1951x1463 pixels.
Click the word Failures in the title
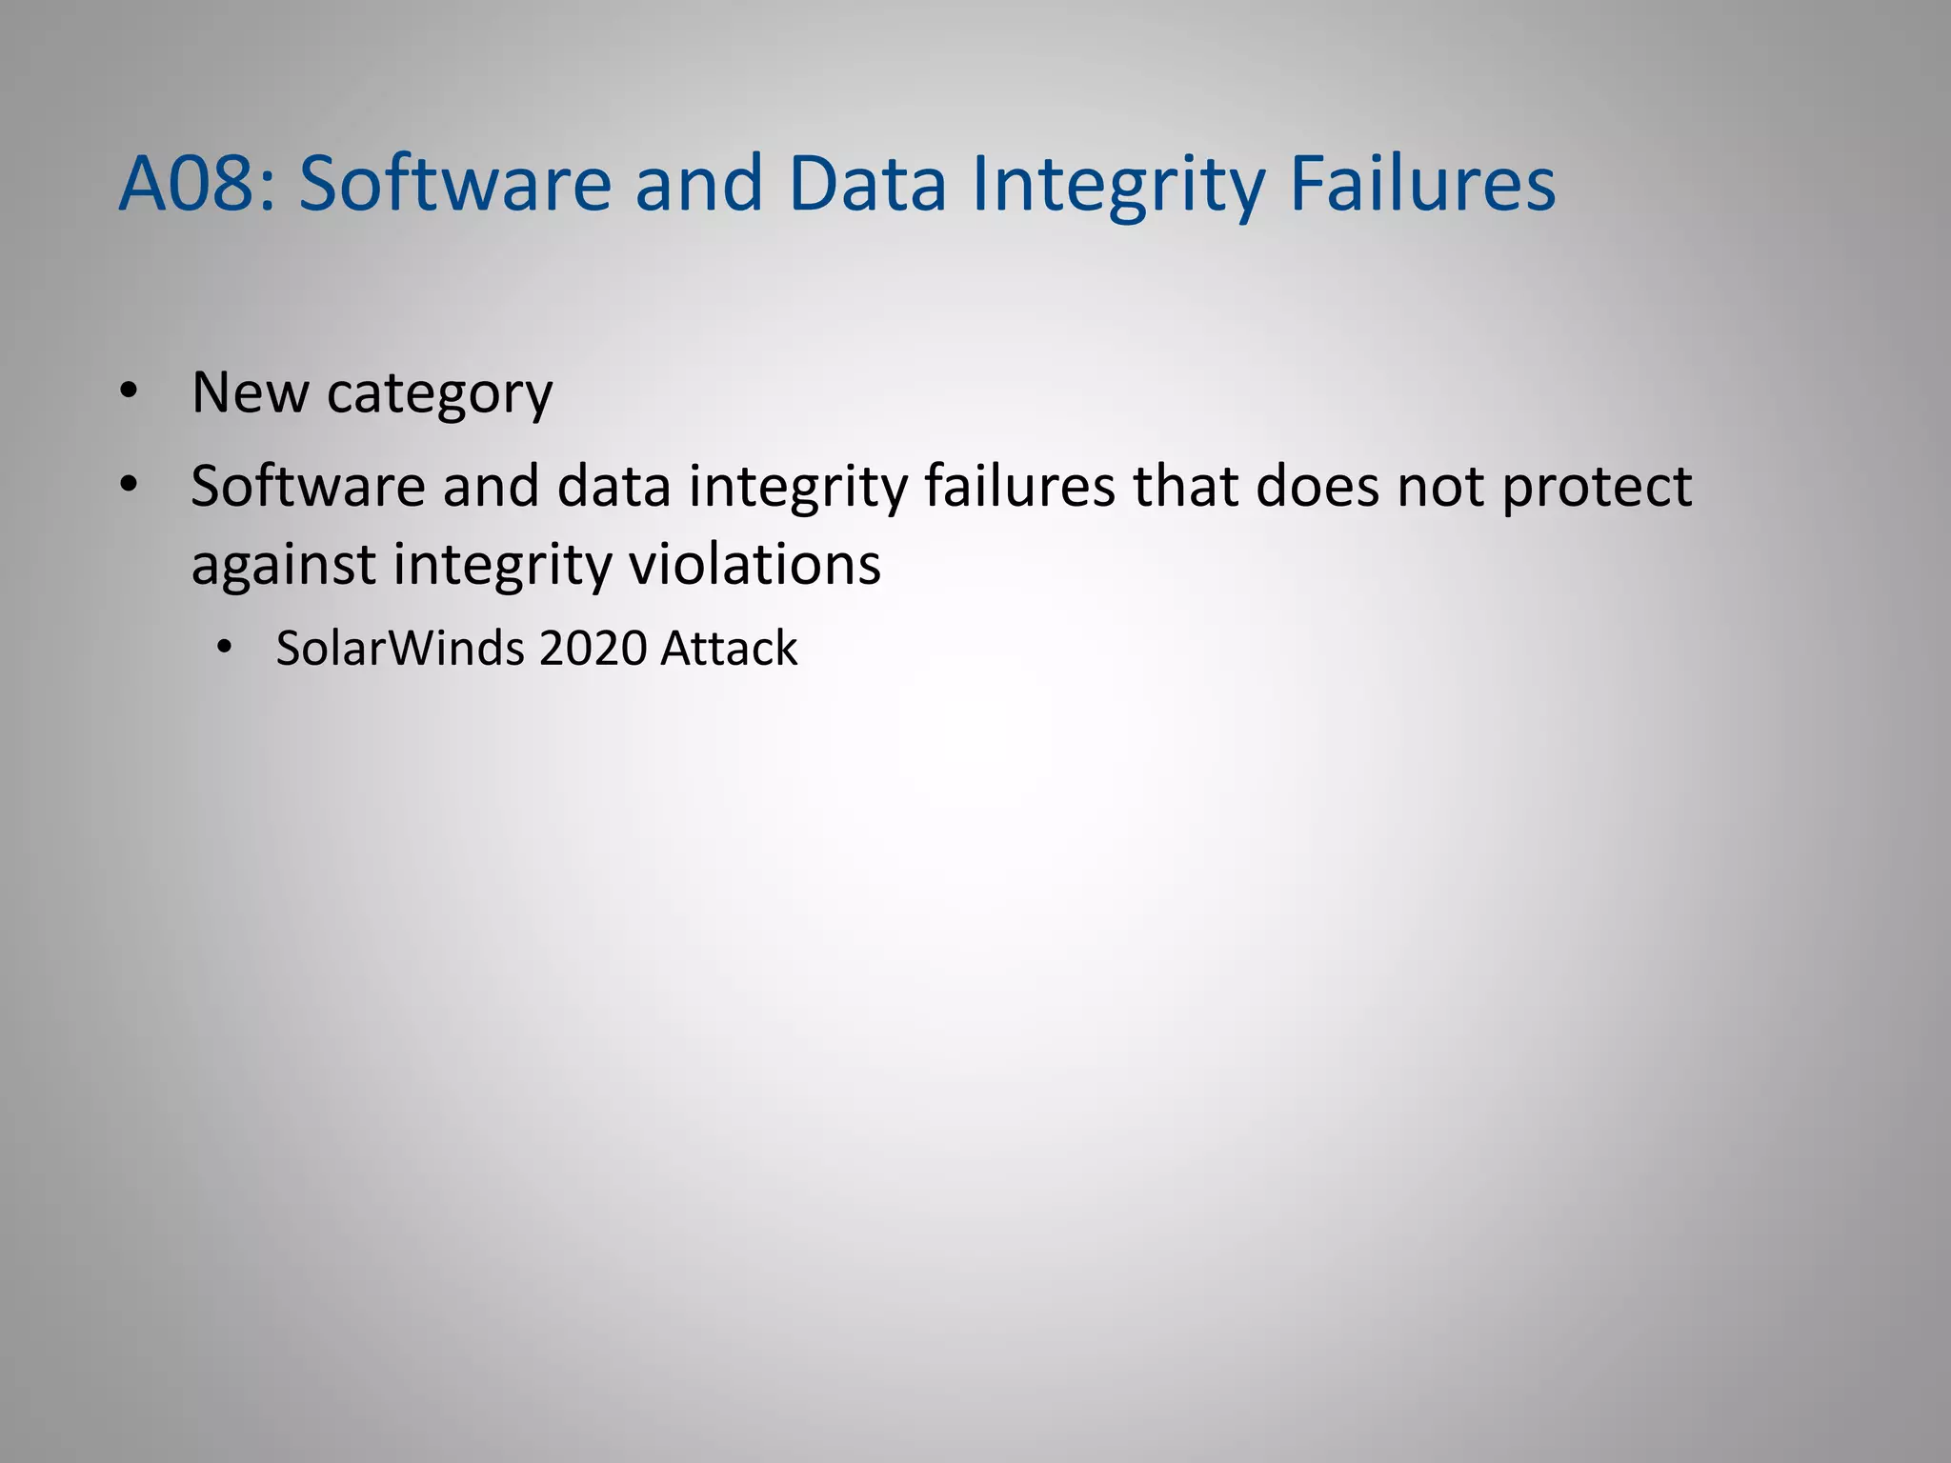coord(1422,183)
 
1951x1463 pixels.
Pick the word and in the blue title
coord(699,183)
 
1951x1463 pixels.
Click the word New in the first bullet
coord(250,391)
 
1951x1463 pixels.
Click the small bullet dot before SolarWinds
coord(224,648)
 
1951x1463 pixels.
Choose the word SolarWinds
coord(400,648)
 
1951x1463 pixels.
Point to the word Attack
coord(729,648)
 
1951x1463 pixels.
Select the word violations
coord(754,564)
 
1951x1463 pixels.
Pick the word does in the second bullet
coord(1317,486)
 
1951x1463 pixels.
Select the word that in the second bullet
coord(1184,486)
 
